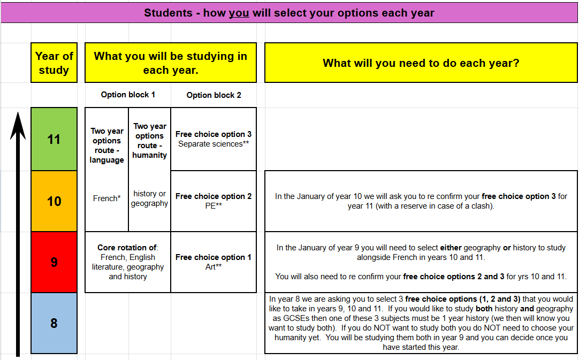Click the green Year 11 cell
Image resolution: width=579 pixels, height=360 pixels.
tap(54, 140)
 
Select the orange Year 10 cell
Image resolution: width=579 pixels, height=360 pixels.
tap(54, 201)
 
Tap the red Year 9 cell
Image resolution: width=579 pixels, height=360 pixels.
tap(54, 262)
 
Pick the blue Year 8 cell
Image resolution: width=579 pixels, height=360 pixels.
tap(54, 323)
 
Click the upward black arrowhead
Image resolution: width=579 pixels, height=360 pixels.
tap(18, 126)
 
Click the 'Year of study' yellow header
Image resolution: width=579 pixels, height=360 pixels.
tap(54, 63)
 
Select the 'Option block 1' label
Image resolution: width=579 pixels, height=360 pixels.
tap(128, 95)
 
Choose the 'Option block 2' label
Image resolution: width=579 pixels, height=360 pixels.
tap(214, 95)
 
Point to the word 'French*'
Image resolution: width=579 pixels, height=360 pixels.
tap(107, 198)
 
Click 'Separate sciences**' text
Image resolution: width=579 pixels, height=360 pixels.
tap(214, 144)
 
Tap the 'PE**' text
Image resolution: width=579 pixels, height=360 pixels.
tap(214, 206)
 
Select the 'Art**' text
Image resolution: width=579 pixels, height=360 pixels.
tap(214, 267)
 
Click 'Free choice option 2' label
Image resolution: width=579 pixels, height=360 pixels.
tap(214, 196)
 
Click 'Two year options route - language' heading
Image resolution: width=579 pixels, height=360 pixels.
tap(107, 145)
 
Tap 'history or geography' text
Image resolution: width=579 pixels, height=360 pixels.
tap(149, 198)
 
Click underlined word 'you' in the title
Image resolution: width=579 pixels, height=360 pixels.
tap(239, 13)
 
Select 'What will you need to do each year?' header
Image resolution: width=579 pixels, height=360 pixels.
tap(421, 63)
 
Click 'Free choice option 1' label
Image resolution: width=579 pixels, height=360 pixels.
tap(214, 257)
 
